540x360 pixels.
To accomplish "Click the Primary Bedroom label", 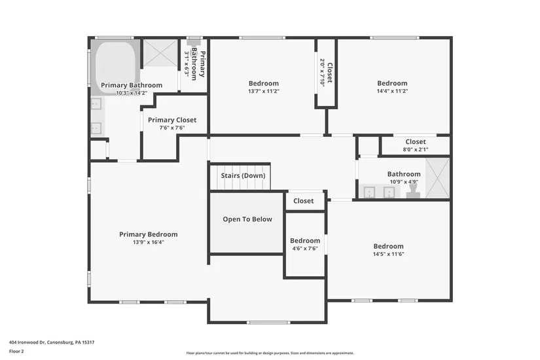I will click(x=148, y=234).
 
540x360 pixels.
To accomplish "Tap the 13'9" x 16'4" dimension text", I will click(x=148, y=242).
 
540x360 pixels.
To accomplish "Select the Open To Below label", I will click(x=247, y=219).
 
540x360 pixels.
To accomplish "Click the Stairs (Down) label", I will click(x=243, y=175).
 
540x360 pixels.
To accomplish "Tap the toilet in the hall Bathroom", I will click(x=413, y=190).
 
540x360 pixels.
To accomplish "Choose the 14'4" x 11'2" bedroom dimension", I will click(x=392, y=91).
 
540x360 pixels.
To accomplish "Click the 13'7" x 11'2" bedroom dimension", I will click(x=264, y=91).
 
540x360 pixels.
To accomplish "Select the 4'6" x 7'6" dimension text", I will click(x=304, y=249).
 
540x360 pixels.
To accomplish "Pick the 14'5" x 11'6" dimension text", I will click(x=388, y=254).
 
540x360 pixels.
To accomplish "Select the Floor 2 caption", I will click(x=17, y=351).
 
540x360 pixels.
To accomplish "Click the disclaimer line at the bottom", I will click(x=270, y=352).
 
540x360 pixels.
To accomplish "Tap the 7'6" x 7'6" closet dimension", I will click(x=172, y=128).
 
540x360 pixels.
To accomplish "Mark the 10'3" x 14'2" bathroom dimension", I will click(x=131, y=93).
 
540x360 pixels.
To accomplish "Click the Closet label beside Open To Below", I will click(x=303, y=201).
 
